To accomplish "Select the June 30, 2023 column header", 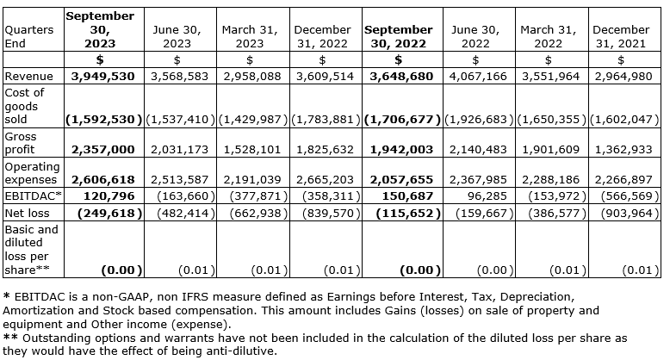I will point(177,35).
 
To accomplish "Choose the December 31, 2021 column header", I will point(621,35).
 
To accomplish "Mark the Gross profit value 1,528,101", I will point(251,149).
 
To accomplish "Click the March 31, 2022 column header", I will point(549,35).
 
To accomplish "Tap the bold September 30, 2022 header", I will point(399,35).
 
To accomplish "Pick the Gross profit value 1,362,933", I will point(621,149).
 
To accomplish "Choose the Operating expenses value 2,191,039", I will point(251,180).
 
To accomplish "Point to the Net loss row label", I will point(27,211).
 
